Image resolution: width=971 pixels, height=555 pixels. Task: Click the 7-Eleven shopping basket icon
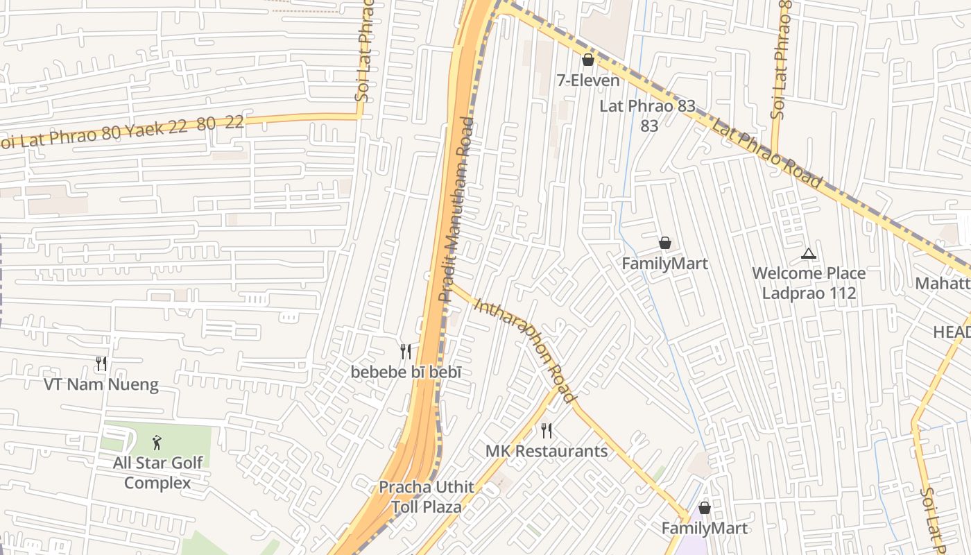(x=588, y=60)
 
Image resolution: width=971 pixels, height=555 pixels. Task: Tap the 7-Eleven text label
(x=588, y=80)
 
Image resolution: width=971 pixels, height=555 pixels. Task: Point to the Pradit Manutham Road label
(x=456, y=208)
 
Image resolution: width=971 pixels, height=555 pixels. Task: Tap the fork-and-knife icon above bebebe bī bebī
(x=406, y=352)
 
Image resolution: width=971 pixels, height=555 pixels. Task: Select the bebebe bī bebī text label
(x=406, y=372)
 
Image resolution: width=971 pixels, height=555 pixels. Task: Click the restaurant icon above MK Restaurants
(x=547, y=431)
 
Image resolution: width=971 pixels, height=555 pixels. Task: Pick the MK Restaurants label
(x=547, y=451)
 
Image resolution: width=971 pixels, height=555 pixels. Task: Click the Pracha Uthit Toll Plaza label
(x=426, y=497)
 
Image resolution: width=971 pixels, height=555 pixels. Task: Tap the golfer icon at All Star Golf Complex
(x=157, y=442)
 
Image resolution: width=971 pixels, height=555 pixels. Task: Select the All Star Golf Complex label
(x=157, y=472)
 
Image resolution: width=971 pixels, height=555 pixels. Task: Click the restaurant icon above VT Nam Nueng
(x=101, y=364)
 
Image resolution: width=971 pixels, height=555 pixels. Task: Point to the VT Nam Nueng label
(x=101, y=384)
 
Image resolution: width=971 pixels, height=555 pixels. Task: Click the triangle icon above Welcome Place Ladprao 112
(x=808, y=254)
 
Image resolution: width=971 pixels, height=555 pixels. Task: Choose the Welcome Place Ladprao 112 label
(x=809, y=283)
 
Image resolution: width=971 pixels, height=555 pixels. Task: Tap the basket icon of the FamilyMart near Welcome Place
(x=664, y=243)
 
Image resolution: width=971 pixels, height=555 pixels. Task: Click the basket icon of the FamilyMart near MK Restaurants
(x=705, y=508)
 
